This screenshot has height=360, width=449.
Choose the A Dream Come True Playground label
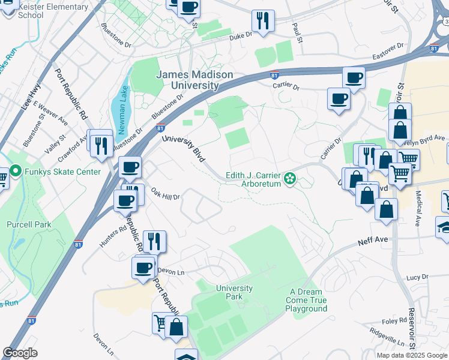pos(306,299)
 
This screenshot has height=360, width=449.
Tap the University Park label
pos(234,292)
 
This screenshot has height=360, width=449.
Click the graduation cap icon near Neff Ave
pos(445,228)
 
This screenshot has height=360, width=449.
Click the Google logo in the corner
pos(21,353)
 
